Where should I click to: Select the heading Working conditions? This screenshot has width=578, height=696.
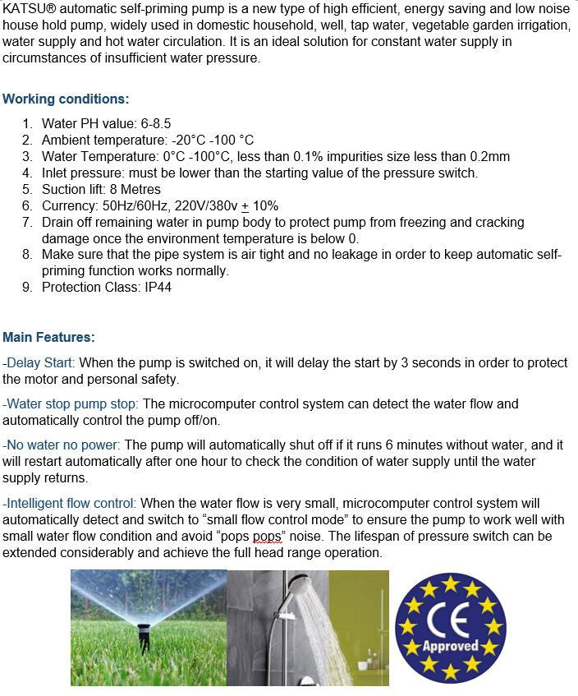pyautogui.click(x=66, y=99)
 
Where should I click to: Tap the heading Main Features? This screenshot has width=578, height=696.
pyautogui.click(x=48, y=337)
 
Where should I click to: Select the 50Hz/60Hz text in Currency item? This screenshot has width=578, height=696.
pyautogui.click(x=135, y=205)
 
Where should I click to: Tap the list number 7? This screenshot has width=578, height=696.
pyautogui.click(x=27, y=222)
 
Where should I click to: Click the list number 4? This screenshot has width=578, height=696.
pyautogui.click(x=27, y=173)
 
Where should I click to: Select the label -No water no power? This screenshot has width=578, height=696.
pyautogui.click(x=62, y=445)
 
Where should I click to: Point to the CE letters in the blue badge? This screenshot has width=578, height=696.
pyautogui.click(x=450, y=621)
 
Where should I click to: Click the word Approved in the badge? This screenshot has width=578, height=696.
pyautogui.click(x=450, y=646)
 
